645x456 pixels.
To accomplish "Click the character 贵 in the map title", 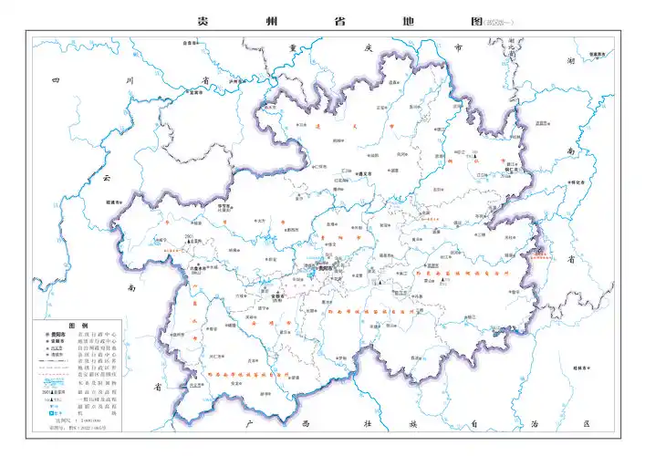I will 203,21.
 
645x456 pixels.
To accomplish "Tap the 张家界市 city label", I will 597,54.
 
